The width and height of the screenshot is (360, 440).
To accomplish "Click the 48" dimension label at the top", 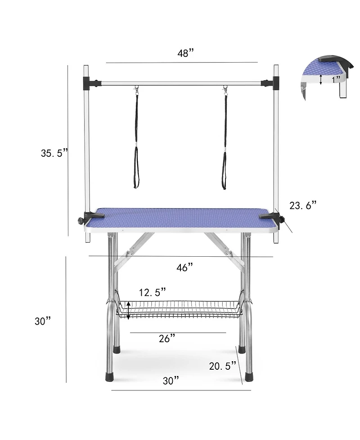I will pos(185,53).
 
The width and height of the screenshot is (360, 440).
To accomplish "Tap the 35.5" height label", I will pos(54,153).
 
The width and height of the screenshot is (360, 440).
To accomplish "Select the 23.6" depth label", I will pos(303,206).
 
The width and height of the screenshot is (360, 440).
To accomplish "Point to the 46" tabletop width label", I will pos(184,268).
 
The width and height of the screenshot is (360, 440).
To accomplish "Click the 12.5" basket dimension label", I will pos(152,292).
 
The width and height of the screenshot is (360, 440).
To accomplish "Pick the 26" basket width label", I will pos(167,339).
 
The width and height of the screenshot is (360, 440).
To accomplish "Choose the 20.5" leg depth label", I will pos(223,366).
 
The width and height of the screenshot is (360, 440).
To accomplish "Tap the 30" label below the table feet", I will pos(171,381).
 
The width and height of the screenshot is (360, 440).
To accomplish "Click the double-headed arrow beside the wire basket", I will pos(129,310).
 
